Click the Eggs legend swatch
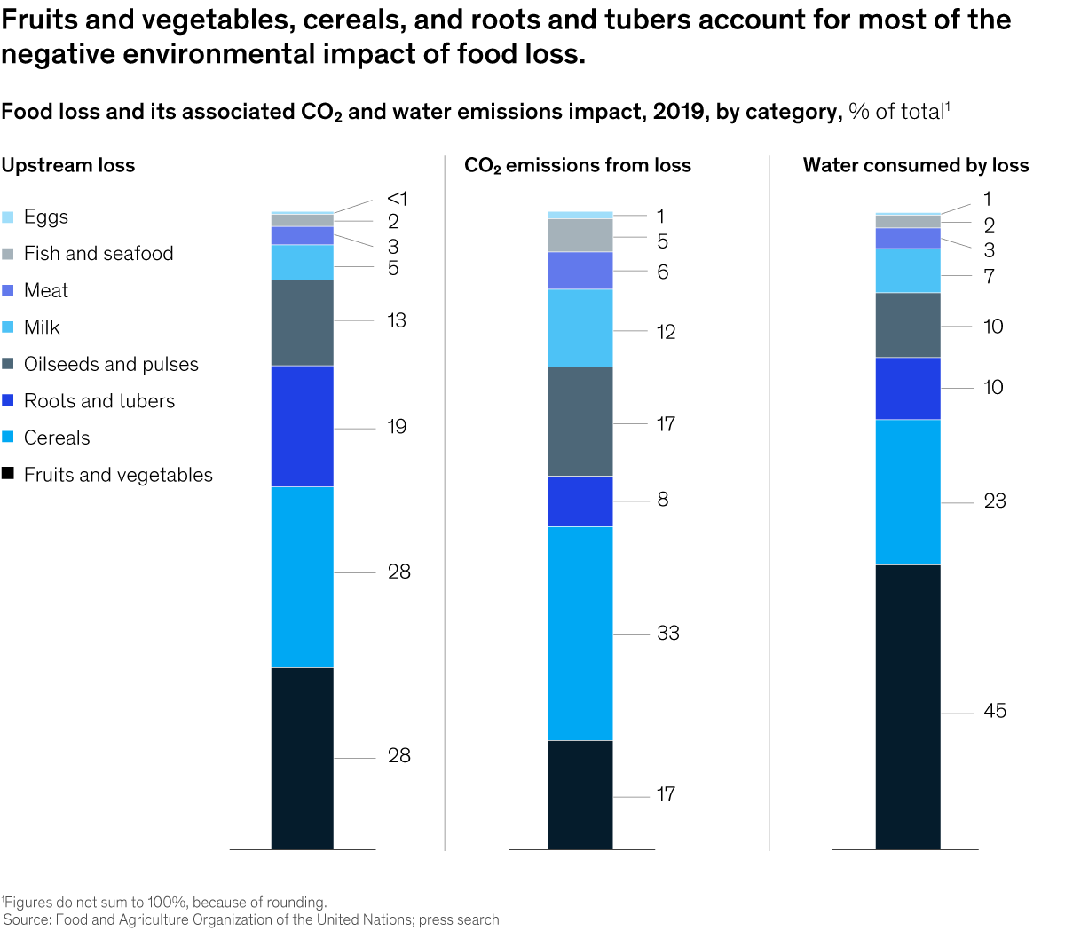point(8,217)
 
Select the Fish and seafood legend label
point(99,254)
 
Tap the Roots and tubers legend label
point(99,401)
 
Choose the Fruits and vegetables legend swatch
point(8,474)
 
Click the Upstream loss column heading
point(68,165)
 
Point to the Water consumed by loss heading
point(915,165)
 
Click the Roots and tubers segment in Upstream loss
point(303,426)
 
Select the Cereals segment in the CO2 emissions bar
point(580,633)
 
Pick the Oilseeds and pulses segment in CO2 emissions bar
point(580,422)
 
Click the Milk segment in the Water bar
point(908,271)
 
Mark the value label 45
point(995,711)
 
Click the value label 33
point(668,633)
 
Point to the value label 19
point(397,427)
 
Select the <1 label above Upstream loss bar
point(397,199)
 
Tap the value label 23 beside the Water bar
point(995,501)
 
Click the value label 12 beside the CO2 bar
point(666,332)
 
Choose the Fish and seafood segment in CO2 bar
point(580,235)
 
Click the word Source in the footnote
point(28,920)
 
